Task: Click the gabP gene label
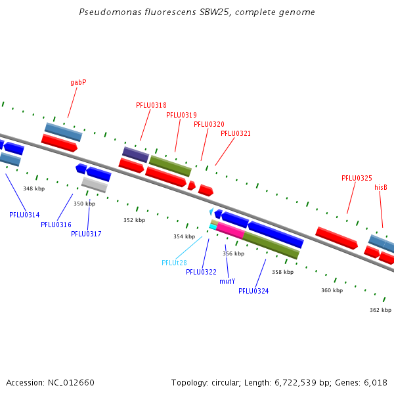click(x=78, y=83)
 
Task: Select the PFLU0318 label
click(x=151, y=105)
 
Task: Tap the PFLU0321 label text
click(x=236, y=133)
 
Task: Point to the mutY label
click(x=227, y=281)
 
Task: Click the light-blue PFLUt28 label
click(x=175, y=263)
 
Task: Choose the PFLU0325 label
click(x=357, y=178)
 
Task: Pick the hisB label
click(x=381, y=187)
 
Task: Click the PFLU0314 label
click(x=24, y=215)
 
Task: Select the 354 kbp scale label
click(x=184, y=236)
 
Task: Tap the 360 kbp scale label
click(x=332, y=290)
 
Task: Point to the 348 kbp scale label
click(x=34, y=188)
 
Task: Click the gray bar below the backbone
click(x=95, y=185)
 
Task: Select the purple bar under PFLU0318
click(x=136, y=154)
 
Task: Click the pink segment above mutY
click(x=230, y=230)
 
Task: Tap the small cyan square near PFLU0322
click(x=213, y=227)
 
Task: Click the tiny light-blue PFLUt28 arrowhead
click(x=211, y=211)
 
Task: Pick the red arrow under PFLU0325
click(x=337, y=238)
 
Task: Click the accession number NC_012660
click(x=71, y=383)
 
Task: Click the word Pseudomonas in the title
click(x=110, y=12)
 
